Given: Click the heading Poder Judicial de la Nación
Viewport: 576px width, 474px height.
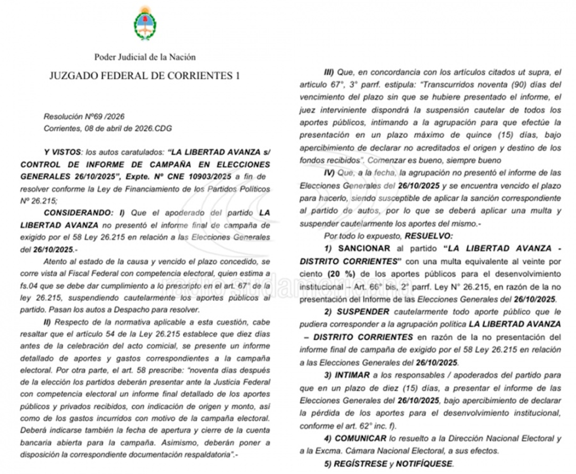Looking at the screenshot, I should (x=145, y=57).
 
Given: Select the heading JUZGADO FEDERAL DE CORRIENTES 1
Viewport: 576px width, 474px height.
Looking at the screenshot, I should (x=145, y=75).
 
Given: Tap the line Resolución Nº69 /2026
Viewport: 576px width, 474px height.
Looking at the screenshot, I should (x=84, y=116).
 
